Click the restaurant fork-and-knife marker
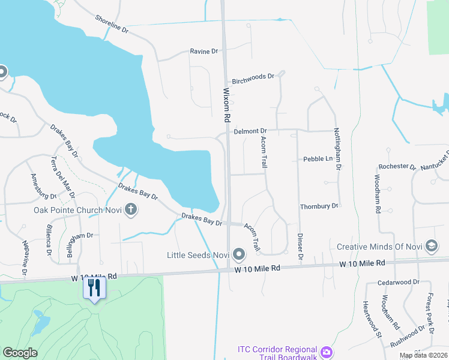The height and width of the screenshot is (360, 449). point(94,287)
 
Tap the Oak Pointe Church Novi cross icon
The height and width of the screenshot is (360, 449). point(131,210)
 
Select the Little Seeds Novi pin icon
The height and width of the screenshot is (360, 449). point(239,256)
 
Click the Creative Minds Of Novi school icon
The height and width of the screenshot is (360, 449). point(431,246)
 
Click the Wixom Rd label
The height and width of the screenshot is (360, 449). point(227,103)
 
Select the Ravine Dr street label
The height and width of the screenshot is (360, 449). point(203,52)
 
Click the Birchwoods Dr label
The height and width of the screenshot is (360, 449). point(253,78)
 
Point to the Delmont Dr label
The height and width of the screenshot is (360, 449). point(250,130)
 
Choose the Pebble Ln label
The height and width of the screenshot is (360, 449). point(318,159)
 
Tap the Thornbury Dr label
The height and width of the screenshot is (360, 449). point(319,206)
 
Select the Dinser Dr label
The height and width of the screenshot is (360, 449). point(300,247)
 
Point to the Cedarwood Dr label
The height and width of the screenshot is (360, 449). point(399,282)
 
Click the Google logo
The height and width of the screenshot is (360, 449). point(20,353)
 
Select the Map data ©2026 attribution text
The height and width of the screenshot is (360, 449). point(423,355)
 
